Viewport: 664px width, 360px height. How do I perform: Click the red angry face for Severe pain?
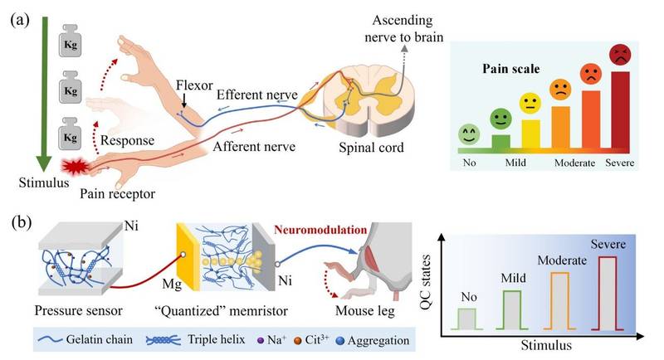click(619, 55)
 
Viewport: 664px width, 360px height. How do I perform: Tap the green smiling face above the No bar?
click(469, 133)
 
